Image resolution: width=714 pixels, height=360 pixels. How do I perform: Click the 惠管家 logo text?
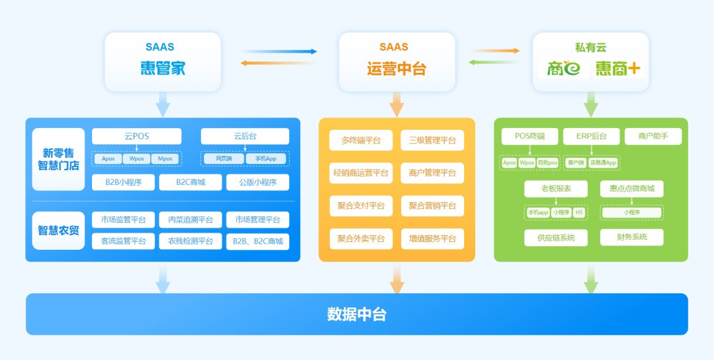162,68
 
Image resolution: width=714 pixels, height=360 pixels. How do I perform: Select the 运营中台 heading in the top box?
396,69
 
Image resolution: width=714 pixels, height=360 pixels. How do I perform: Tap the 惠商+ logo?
618,68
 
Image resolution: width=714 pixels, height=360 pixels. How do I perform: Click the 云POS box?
137,136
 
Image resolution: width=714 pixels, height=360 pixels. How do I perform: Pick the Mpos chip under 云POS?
165,159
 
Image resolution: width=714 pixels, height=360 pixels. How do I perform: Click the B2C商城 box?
190,182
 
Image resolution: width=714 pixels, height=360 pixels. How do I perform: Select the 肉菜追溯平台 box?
190,220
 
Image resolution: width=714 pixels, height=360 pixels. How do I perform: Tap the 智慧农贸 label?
58,230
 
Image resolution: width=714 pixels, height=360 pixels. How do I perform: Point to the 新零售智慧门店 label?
58,159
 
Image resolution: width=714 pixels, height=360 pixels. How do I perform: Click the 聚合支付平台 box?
361,206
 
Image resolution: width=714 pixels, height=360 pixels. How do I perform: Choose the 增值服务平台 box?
432,239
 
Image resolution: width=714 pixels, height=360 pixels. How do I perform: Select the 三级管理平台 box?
432,140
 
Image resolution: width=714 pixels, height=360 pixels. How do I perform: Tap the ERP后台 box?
591,136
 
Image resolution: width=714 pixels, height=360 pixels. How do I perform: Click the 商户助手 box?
653,136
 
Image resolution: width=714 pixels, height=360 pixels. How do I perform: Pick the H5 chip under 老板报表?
579,212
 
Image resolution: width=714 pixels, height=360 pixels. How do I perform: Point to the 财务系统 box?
631,237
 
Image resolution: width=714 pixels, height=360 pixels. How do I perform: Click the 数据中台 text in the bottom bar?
356,315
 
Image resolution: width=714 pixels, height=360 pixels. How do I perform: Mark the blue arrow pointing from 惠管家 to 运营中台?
279,51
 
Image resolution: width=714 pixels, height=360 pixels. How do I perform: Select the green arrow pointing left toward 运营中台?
494,62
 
